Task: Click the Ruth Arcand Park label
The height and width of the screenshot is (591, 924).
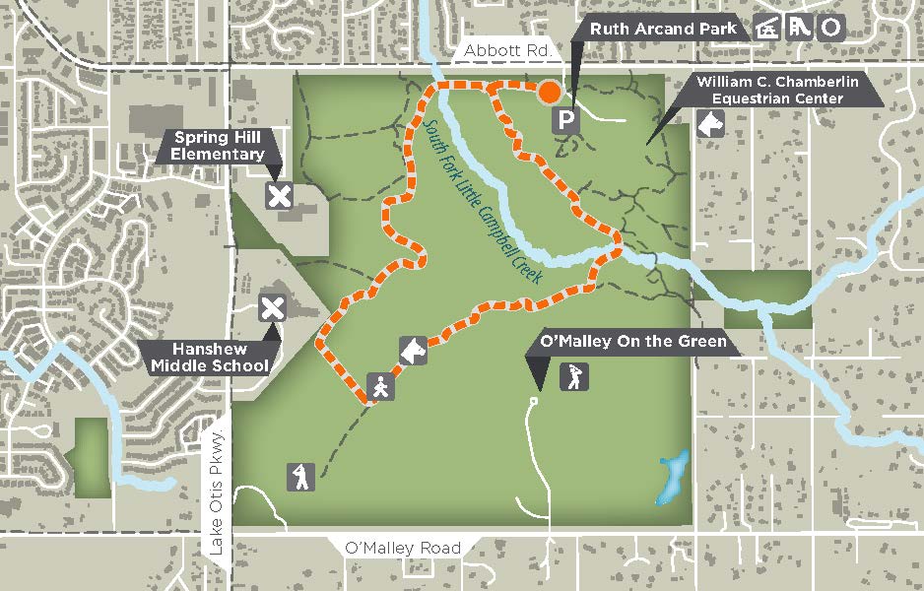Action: click(x=663, y=29)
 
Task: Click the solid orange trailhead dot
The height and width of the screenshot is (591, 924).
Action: click(x=549, y=92)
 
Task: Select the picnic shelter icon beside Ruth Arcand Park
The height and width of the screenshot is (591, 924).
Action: click(x=766, y=29)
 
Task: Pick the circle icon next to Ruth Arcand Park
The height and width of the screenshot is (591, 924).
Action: click(x=832, y=29)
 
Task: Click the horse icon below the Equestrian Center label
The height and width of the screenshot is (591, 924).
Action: click(x=709, y=123)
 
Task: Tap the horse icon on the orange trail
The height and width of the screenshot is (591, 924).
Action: click(x=413, y=350)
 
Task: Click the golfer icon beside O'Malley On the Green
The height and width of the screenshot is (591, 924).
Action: click(x=573, y=375)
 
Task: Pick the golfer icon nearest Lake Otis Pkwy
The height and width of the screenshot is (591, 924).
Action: click(x=300, y=477)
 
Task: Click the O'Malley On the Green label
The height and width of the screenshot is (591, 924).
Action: click(x=633, y=343)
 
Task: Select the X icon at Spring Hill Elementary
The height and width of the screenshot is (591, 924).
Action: click(x=280, y=195)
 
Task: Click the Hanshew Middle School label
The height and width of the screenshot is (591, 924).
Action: click(x=209, y=358)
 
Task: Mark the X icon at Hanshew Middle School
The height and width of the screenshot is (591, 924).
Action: click(x=272, y=308)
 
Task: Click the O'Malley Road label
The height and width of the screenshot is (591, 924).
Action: click(x=403, y=548)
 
